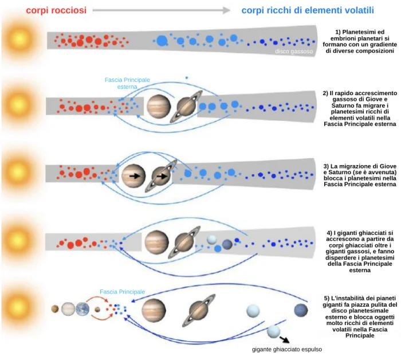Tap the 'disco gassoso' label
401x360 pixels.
tap(293, 51)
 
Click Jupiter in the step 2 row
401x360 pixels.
tap(158, 106)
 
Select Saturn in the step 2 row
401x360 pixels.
tap(187, 106)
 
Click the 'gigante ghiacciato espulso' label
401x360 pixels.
tap(287, 349)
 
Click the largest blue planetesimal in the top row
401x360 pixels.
tap(163, 41)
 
